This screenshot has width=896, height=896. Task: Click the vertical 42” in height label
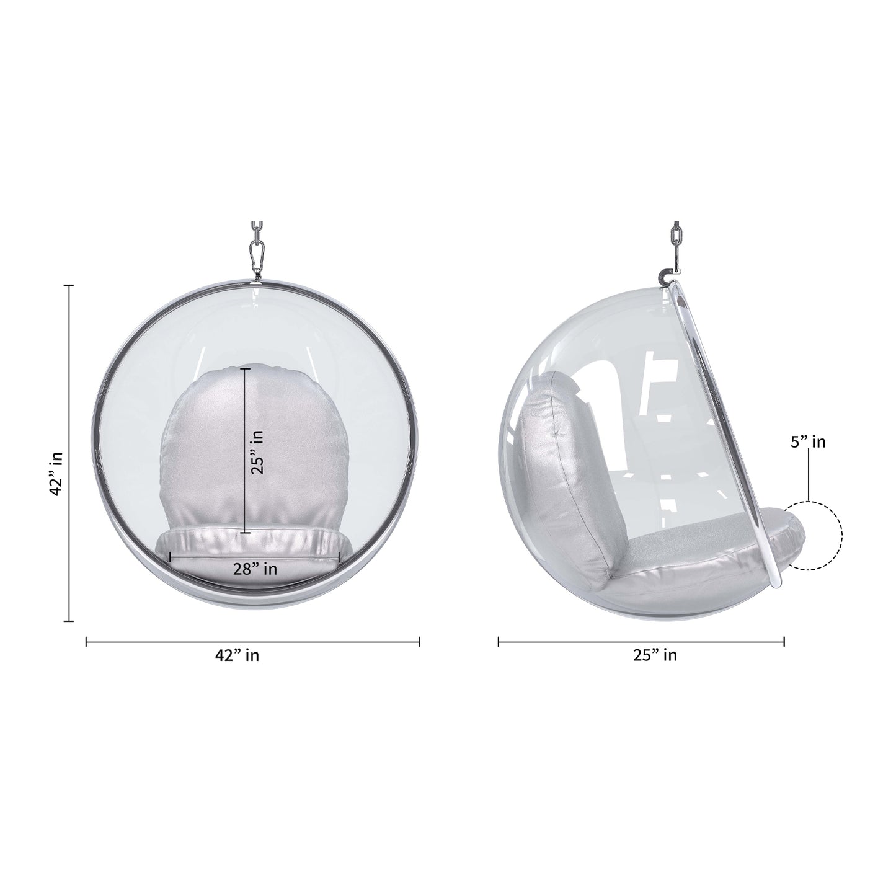(x=56, y=472)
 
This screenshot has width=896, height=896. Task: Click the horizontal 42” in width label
(x=237, y=655)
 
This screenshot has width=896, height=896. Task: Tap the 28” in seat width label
(x=255, y=568)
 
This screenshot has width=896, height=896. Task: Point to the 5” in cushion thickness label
(x=808, y=442)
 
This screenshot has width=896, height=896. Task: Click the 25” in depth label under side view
(x=655, y=655)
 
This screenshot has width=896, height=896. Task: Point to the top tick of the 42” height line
(x=69, y=285)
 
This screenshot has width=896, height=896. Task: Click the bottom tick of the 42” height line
(x=69, y=620)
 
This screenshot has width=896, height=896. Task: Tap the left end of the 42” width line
(x=86, y=642)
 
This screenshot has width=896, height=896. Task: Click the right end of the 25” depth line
(x=784, y=642)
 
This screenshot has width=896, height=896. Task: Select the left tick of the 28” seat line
(x=170, y=557)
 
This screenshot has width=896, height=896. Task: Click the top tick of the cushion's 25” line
(x=246, y=369)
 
